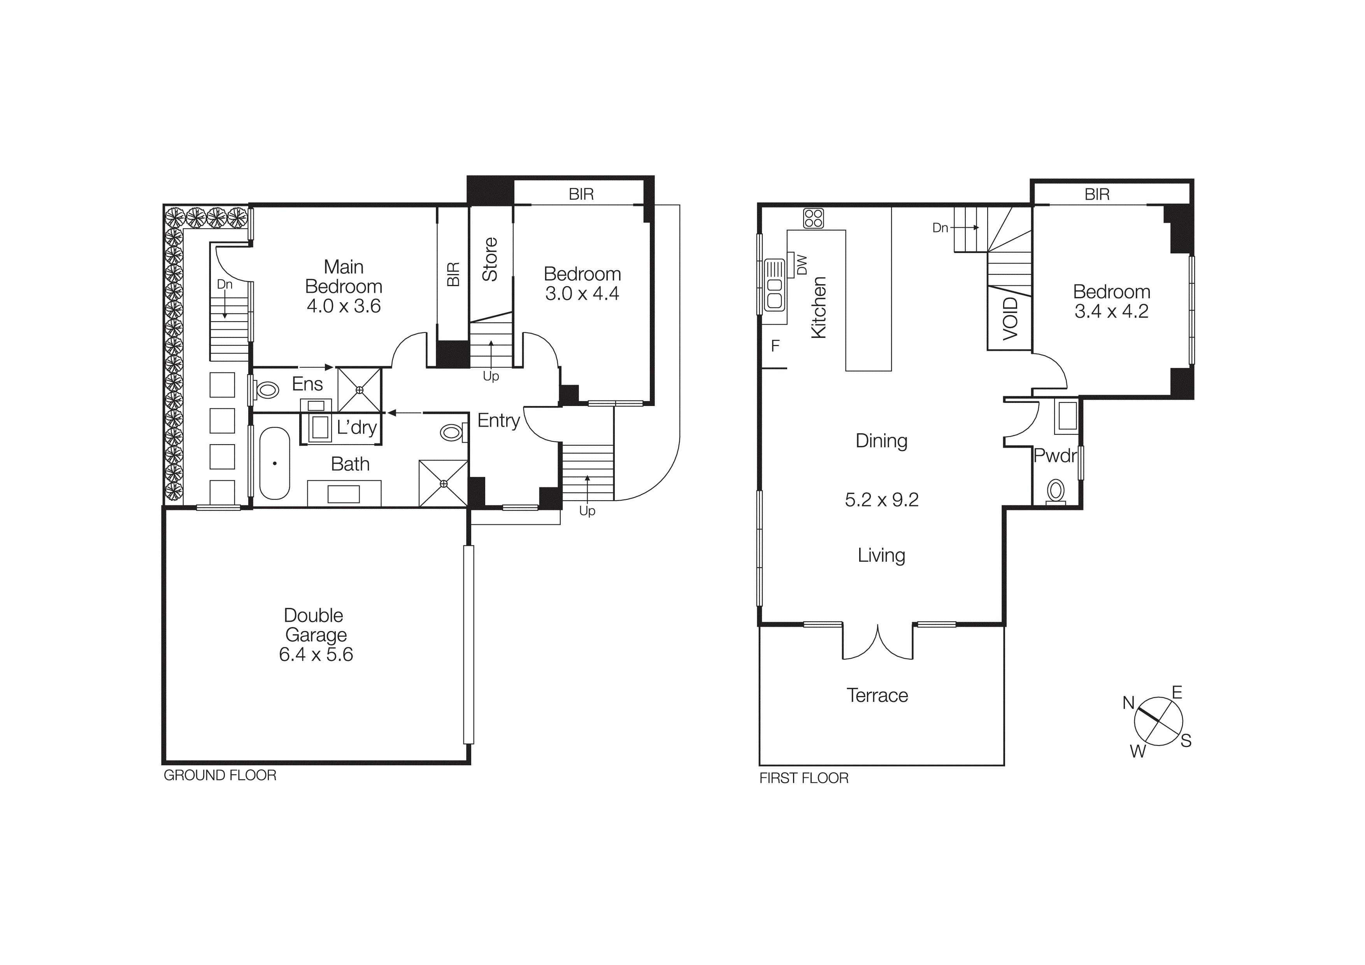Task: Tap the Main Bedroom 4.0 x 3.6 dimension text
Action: coord(344,306)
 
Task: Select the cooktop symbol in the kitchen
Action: coord(813,218)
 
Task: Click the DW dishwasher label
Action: coord(802,265)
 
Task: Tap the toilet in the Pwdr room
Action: coord(1055,492)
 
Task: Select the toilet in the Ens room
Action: coord(266,390)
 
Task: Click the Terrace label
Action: coord(877,695)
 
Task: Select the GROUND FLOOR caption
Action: coord(220,775)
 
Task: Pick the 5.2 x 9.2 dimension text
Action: coord(882,499)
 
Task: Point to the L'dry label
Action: coord(357,427)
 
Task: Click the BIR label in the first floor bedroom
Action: coord(1097,194)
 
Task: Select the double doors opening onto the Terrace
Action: coord(877,642)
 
